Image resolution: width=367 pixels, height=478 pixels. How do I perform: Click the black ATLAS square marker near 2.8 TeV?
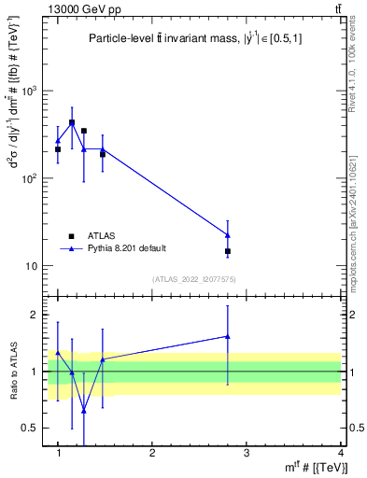point(228,251)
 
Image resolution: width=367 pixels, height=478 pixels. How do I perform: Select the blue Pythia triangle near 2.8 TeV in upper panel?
point(228,234)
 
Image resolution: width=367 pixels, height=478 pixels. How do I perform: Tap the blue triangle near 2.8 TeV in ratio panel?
point(228,336)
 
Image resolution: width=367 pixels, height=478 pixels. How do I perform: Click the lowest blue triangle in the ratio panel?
point(84,410)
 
